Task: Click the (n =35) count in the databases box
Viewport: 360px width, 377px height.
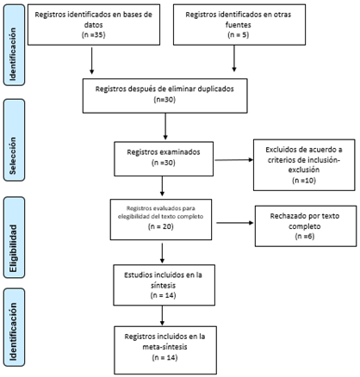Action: coord(94,35)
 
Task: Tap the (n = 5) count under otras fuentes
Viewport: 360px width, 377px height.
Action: coord(239,35)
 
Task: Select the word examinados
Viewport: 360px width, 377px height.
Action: coord(181,152)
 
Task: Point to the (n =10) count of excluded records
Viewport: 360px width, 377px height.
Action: coord(304,181)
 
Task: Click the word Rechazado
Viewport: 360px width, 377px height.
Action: coord(287,216)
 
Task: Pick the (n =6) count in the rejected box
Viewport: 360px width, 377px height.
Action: coord(305,237)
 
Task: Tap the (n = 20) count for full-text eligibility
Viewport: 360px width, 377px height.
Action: coord(161,226)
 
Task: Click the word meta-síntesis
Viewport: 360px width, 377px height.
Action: coord(164,347)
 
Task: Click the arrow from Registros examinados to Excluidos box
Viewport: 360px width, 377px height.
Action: coord(234,160)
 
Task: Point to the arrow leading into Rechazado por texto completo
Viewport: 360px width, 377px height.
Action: coord(235,223)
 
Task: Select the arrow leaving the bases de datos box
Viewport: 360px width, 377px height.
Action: coord(92,60)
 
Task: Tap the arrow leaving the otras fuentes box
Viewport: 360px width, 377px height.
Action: coord(234,59)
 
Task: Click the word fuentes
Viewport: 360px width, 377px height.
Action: coord(239,25)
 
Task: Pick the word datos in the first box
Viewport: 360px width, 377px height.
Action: coord(94,25)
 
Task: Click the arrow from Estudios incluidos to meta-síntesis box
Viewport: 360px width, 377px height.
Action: coord(162,315)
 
